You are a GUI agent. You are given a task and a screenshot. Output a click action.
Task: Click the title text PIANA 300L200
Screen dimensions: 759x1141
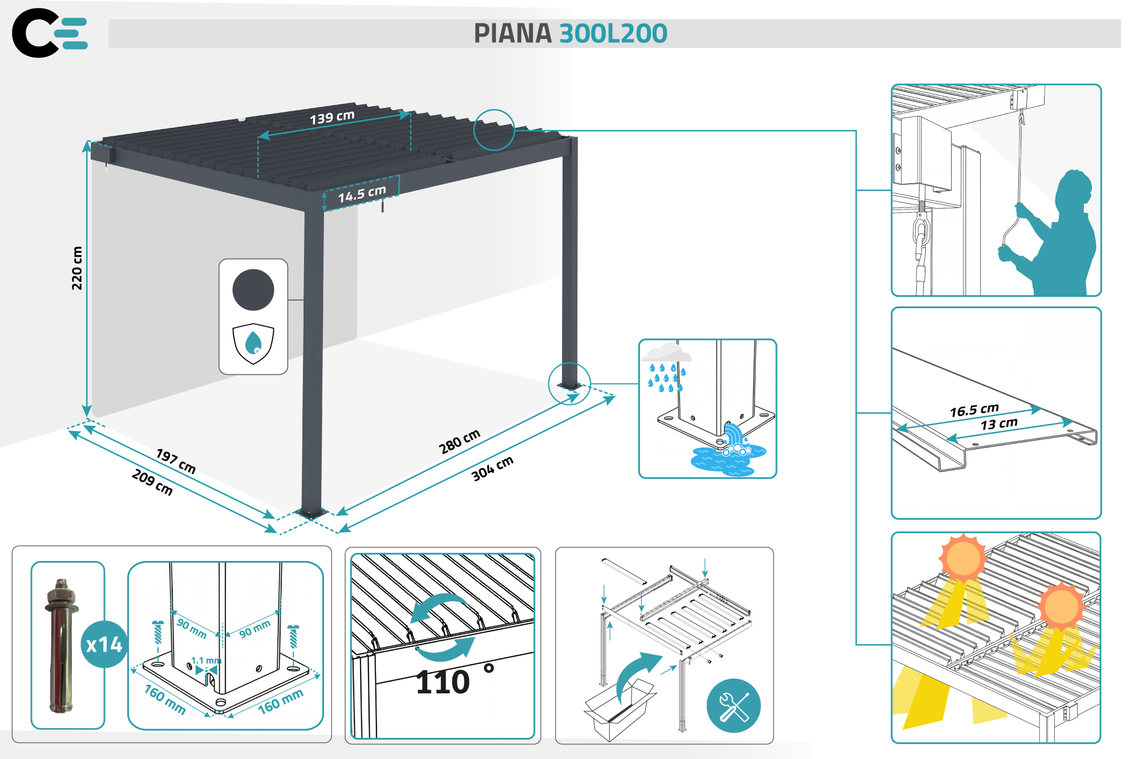tap(570, 34)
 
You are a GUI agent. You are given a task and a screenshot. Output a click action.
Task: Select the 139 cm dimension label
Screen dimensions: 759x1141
tap(332, 117)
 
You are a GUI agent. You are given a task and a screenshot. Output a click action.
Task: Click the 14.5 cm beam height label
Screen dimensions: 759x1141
tap(362, 193)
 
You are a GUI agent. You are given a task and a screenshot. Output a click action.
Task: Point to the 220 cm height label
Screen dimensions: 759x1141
tap(77, 268)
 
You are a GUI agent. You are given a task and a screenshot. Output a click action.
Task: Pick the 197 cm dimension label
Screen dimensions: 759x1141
tap(176, 461)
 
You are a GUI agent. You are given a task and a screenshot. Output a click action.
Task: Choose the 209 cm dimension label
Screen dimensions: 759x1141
tap(152, 482)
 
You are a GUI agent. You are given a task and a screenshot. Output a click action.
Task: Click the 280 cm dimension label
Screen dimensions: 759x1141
tap(459, 442)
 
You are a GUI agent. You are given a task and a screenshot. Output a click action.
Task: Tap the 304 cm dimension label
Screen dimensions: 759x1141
tap(492, 468)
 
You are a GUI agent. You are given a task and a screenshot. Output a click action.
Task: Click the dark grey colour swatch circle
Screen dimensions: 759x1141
tap(253, 290)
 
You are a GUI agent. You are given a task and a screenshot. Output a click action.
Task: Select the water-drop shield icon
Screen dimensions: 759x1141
tap(253, 343)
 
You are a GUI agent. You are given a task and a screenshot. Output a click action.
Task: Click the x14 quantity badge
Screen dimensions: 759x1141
tap(104, 644)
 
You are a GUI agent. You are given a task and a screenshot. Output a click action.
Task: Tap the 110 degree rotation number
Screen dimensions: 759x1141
tap(443, 682)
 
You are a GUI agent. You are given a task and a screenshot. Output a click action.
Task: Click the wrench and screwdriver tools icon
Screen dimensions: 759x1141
tap(734, 706)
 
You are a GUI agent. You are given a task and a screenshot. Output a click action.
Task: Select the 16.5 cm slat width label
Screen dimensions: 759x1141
tap(974, 410)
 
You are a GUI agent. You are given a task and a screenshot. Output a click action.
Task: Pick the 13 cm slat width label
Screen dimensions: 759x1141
tap(999, 424)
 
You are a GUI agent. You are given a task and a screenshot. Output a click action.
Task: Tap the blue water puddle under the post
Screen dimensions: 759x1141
tap(725, 459)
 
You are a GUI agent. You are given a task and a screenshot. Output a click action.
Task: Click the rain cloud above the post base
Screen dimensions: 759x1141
tap(666, 353)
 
